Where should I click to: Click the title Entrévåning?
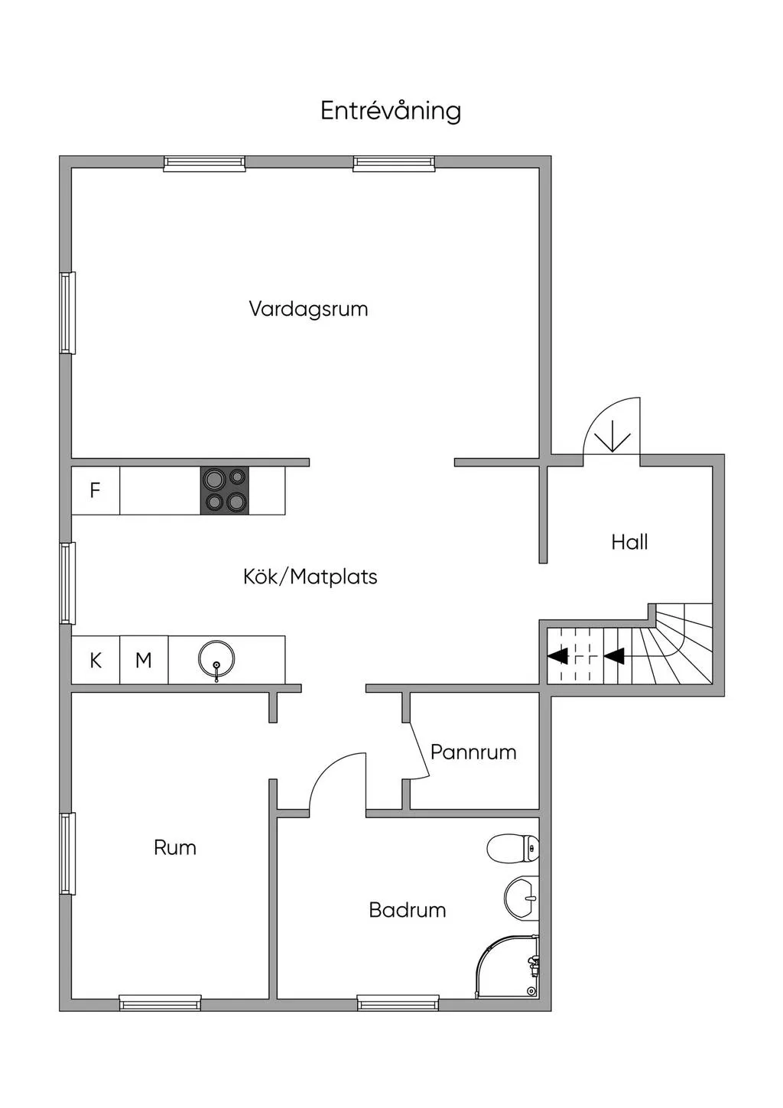[391, 111]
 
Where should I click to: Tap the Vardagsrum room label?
[308, 309]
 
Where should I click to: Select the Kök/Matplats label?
[310, 577]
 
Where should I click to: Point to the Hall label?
[629, 542]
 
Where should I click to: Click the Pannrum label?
[473, 752]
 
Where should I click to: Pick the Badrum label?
[407, 910]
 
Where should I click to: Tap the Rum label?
[175, 847]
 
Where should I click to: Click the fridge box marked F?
[96, 490]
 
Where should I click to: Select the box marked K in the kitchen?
[96, 660]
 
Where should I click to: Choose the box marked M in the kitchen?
[144, 660]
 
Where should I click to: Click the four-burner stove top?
[225, 490]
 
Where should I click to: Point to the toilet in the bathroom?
[513, 847]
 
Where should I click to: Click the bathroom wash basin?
[521, 897]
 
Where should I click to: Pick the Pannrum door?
[418, 751]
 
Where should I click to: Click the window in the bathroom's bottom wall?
[398, 1002]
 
